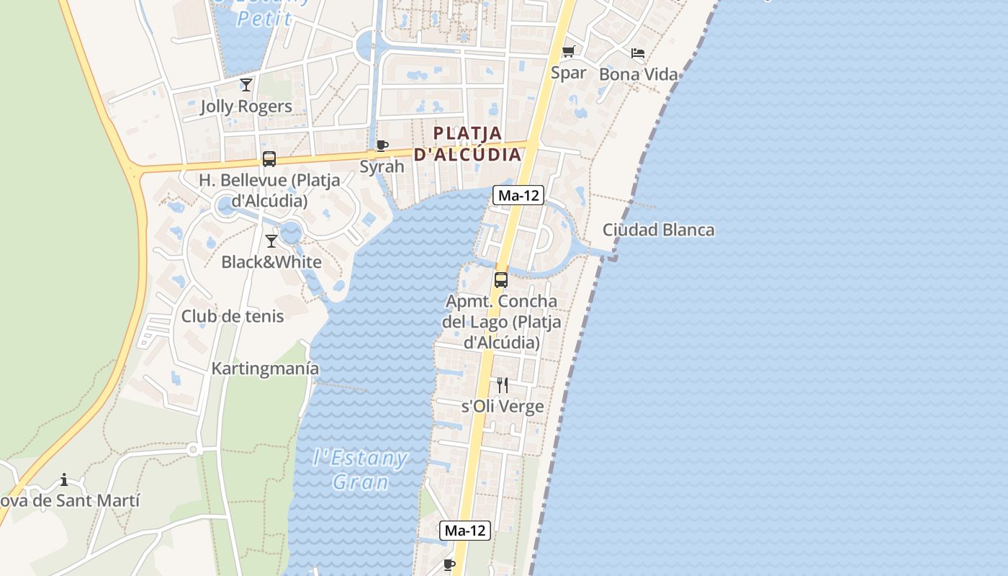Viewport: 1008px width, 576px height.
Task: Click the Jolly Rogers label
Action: pyautogui.click(x=246, y=107)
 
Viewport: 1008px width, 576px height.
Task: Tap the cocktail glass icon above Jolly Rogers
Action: pyautogui.click(x=246, y=85)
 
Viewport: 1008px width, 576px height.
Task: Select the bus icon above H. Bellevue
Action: pyautogui.click(x=269, y=159)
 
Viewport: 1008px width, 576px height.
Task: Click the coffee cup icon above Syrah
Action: pyautogui.click(x=382, y=146)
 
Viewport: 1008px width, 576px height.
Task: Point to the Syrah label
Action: pyautogui.click(x=382, y=167)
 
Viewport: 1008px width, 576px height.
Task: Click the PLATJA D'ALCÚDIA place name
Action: pyautogui.click(x=467, y=144)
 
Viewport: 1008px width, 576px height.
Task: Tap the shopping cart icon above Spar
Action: pyautogui.click(x=569, y=52)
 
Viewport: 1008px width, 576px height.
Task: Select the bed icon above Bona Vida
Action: pyautogui.click(x=638, y=53)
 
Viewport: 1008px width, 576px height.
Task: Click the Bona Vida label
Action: pyautogui.click(x=638, y=74)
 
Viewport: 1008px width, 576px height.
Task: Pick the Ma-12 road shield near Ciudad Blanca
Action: pyautogui.click(x=518, y=195)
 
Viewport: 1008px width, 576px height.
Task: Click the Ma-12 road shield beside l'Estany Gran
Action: pyautogui.click(x=465, y=531)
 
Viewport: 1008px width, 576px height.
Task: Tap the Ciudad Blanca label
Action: pyautogui.click(x=658, y=230)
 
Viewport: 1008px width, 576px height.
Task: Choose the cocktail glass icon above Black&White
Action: pyautogui.click(x=271, y=240)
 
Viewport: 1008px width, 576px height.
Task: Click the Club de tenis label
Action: pyautogui.click(x=233, y=316)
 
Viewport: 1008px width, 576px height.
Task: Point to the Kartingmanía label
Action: pyautogui.click(x=265, y=369)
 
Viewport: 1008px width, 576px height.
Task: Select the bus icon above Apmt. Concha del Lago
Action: pyautogui.click(x=501, y=280)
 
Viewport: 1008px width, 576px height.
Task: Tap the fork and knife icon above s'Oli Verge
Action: pyautogui.click(x=503, y=385)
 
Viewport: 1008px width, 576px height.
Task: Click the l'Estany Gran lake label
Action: pyautogui.click(x=361, y=469)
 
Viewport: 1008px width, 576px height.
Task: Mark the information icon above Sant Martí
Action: pyautogui.click(x=64, y=480)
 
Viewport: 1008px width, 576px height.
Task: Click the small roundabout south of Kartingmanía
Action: pyautogui.click(x=192, y=449)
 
